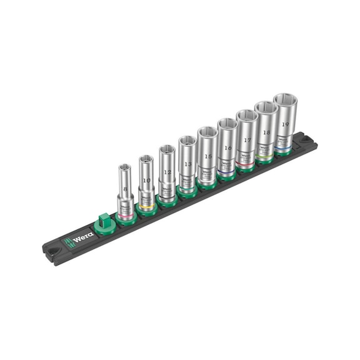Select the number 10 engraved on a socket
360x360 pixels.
pyautogui.click(x=146, y=180)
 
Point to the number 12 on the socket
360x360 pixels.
pyautogui.click(x=166, y=172)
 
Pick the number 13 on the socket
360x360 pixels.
pyautogui.click(x=187, y=164)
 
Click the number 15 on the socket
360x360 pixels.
pyautogui.click(x=207, y=156)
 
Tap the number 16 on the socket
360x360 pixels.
pyautogui.click(x=227, y=149)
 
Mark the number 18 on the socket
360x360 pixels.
pyautogui.click(x=266, y=133)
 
